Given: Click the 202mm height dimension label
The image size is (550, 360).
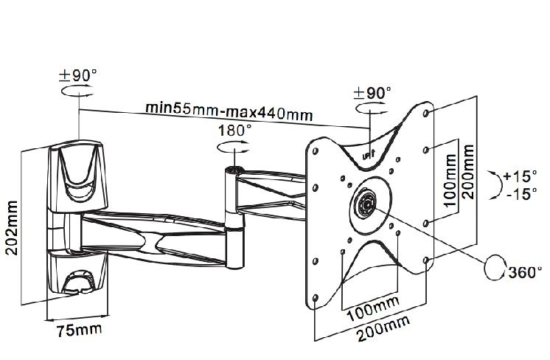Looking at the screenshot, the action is (x=12, y=228).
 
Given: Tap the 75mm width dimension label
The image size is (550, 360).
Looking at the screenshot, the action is (x=80, y=330).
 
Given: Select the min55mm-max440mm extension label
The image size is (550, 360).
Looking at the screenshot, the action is (x=229, y=111).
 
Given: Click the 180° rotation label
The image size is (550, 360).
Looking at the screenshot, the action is (x=235, y=131).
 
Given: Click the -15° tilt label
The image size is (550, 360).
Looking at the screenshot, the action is (x=521, y=193).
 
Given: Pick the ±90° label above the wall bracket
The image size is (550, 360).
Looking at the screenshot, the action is (x=78, y=75).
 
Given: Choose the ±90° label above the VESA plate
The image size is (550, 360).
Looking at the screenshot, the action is (x=372, y=94).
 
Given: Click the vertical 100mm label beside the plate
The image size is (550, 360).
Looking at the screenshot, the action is (x=450, y=180).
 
